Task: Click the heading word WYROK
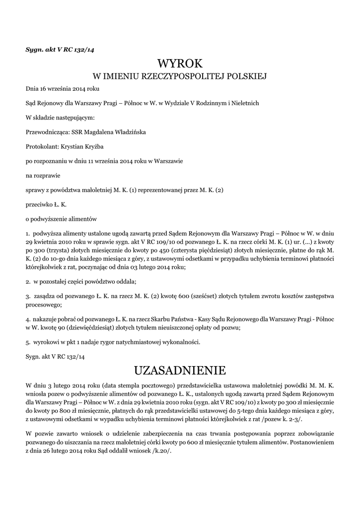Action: pyautogui.click(x=180, y=64)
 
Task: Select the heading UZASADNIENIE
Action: pyautogui.click(x=180, y=370)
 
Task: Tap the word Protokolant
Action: pyautogui.click(x=42, y=146)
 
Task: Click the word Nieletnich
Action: pyautogui.click(x=243, y=103)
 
